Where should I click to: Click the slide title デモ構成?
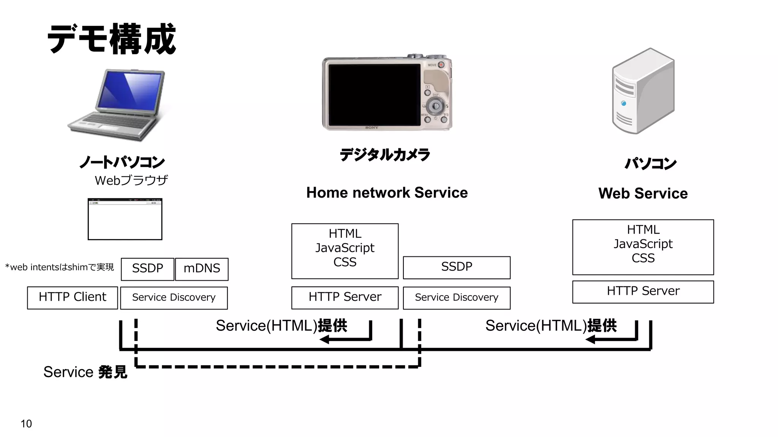tap(111, 39)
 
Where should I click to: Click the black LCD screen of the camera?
tap(374, 95)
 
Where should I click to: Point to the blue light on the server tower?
tap(623, 103)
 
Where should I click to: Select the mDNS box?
tap(202, 269)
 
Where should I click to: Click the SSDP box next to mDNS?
tap(147, 269)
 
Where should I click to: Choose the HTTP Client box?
tap(73, 297)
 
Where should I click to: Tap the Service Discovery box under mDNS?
tap(174, 298)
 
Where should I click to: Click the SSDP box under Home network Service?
tap(456, 267)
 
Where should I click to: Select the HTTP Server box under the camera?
tap(345, 297)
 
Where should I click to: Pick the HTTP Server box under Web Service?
tap(643, 291)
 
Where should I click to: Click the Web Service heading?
tap(643, 193)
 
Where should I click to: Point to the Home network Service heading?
tap(387, 193)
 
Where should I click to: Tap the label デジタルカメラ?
tap(384, 155)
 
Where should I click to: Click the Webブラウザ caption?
tap(131, 180)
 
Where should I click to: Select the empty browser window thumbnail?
tap(125, 220)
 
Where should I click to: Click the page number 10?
tap(26, 424)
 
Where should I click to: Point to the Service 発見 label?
tap(85, 372)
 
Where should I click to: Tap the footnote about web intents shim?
tap(60, 267)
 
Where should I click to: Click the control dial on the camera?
tap(435, 106)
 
